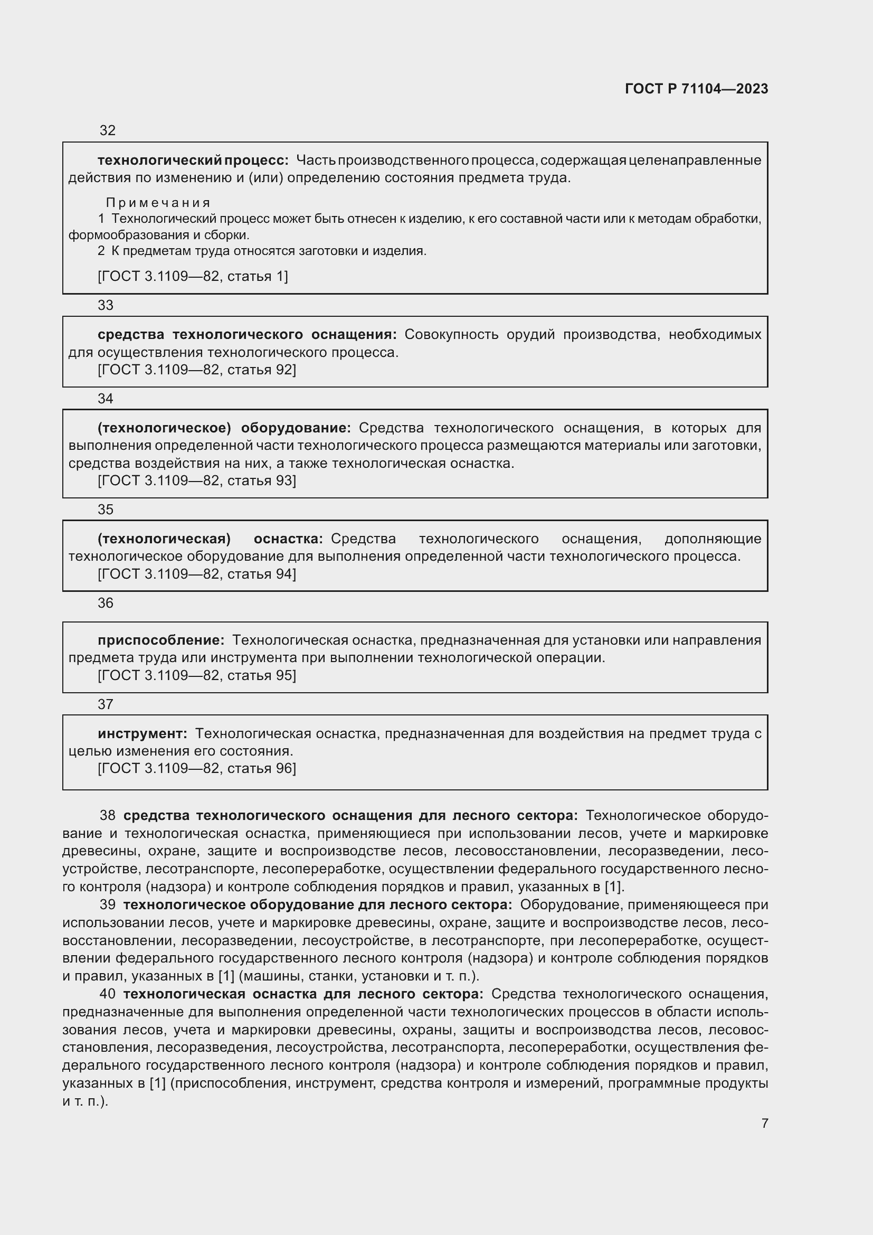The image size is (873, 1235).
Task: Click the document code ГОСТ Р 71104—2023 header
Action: coord(696,89)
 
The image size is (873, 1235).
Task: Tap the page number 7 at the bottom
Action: coord(764,1123)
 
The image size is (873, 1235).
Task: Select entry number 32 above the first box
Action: coord(108,130)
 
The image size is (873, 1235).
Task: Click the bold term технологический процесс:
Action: coord(193,161)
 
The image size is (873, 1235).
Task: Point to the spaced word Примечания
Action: coord(157,203)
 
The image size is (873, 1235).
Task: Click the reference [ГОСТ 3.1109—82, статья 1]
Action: coord(193,277)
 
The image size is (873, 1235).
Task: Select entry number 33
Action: coord(106,305)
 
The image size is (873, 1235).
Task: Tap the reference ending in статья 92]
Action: coord(197,370)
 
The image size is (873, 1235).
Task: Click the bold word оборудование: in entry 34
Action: coord(296,428)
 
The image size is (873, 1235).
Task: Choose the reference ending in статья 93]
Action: coord(197,480)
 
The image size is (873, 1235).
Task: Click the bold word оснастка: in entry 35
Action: coord(288,539)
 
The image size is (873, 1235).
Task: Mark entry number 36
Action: coord(106,603)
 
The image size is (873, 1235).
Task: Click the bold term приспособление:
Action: coord(161,640)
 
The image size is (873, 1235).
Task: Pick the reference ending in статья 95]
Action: coord(197,675)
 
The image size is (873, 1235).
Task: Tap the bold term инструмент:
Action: coord(143,734)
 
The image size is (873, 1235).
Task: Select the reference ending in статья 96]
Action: coord(197,768)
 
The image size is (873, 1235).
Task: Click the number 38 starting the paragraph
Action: coord(108,815)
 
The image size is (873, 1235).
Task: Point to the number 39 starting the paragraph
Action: coord(108,905)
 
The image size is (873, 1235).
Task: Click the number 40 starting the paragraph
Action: coord(108,994)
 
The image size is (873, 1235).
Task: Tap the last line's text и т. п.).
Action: coord(85,1101)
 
